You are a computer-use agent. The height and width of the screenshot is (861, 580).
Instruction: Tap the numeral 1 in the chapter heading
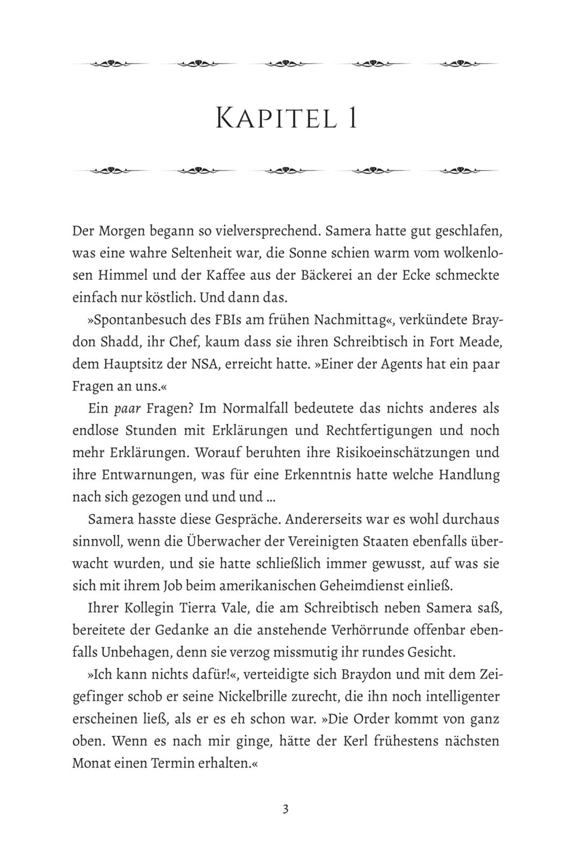pyautogui.click(x=352, y=118)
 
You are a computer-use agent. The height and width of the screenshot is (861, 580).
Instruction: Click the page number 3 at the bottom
pyautogui.click(x=285, y=809)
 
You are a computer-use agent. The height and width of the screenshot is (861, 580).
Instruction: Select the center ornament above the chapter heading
pyautogui.click(x=285, y=63)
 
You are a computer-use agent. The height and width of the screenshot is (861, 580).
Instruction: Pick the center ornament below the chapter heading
pyautogui.click(x=285, y=171)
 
